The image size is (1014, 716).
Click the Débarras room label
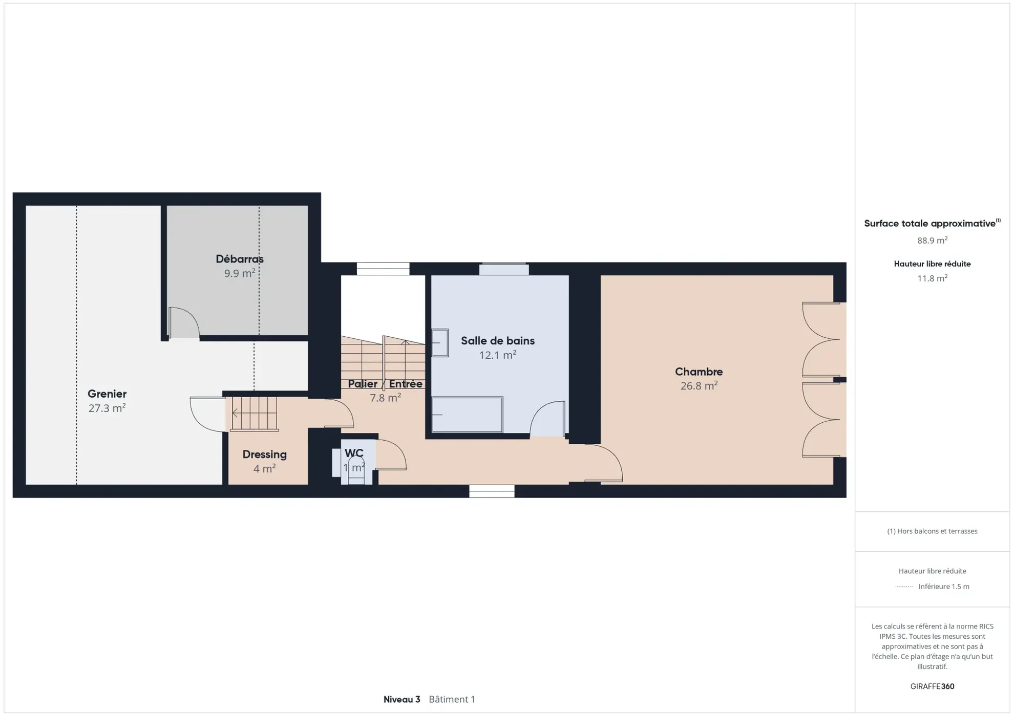coord(239,259)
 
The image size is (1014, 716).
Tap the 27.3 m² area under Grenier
coord(107,408)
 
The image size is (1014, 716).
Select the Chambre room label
coord(699,372)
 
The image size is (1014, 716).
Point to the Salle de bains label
coord(497,341)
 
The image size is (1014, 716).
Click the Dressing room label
coord(264,454)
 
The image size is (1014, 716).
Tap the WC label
coord(354,453)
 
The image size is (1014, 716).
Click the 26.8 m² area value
coord(699,386)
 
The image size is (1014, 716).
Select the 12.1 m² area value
coord(497,355)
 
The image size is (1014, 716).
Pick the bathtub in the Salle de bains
coord(467,415)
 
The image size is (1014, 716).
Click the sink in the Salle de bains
coord(440,343)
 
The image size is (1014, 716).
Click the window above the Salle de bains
coord(504,269)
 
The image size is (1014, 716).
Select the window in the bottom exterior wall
coord(492,491)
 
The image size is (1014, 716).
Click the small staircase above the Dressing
coord(254,413)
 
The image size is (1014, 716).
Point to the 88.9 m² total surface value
coord(932,241)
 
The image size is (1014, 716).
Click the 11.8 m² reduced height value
coord(932,278)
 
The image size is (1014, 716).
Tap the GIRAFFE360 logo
coord(932,686)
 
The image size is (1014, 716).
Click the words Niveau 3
coord(402,699)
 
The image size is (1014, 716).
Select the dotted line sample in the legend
coord(904,587)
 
